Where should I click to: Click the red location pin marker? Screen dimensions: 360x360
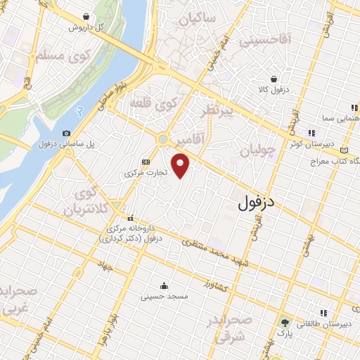tap(182, 167)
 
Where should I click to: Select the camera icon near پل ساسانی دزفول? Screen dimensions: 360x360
tap(66, 133)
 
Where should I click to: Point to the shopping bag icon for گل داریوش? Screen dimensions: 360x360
tap(86, 16)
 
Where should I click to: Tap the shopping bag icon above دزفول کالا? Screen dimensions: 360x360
tap(273, 79)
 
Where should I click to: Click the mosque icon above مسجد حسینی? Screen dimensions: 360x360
tap(164, 285)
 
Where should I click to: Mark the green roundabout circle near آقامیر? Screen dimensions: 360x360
tap(163, 140)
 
